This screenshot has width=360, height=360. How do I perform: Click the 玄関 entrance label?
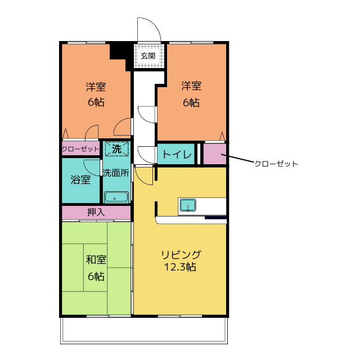[x=148, y=56]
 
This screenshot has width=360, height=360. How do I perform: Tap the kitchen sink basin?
[x=188, y=205]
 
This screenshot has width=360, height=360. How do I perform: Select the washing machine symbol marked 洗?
[x=116, y=149]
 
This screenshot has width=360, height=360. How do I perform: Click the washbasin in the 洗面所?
[x=116, y=197]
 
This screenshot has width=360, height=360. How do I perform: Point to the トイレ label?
[x=177, y=154]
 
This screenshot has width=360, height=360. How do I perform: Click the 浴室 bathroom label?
[x=80, y=179]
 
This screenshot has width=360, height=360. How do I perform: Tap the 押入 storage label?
[x=96, y=212]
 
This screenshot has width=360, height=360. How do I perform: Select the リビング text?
[x=181, y=255]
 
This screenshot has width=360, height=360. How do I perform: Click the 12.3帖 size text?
[x=180, y=267]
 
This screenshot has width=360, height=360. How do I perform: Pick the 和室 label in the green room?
[x=96, y=260]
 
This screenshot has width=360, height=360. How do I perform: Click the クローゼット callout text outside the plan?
[x=276, y=164]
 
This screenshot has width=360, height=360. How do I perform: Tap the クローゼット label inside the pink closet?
[x=80, y=149]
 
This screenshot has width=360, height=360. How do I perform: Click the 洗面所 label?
[x=116, y=173]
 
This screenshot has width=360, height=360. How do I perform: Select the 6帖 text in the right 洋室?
[x=191, y=102]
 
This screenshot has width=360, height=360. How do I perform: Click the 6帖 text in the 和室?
[x=96, y=276]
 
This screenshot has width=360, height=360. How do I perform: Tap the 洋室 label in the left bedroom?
[x=96, y=87]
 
